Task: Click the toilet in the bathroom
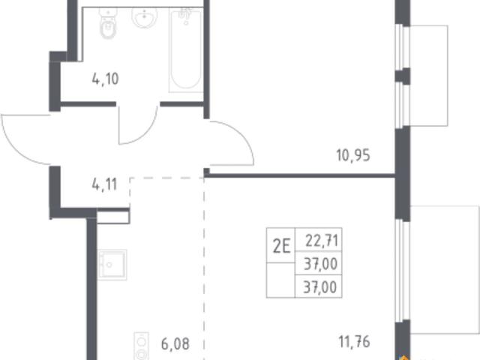(x=108, y=23)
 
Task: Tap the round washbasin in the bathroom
(x=144, y=17)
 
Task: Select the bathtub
(x=186, y=50)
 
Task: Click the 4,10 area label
(x=105, y=79)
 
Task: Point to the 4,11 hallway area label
(x=104, y=184)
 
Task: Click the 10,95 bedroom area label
(x=353, y=155)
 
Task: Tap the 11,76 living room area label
(x=354, y=342)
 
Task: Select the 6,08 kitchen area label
(x=175, y=343)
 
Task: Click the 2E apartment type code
(x=281, y=247)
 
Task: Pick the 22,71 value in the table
(x=322, y=241)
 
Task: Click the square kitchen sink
(x=112, y=265)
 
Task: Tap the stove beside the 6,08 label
(x=142, y=346)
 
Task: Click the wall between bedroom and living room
(x=299, y=175)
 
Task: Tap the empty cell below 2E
(x=280, y=280)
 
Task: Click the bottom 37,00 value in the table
(x=320, y=287)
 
